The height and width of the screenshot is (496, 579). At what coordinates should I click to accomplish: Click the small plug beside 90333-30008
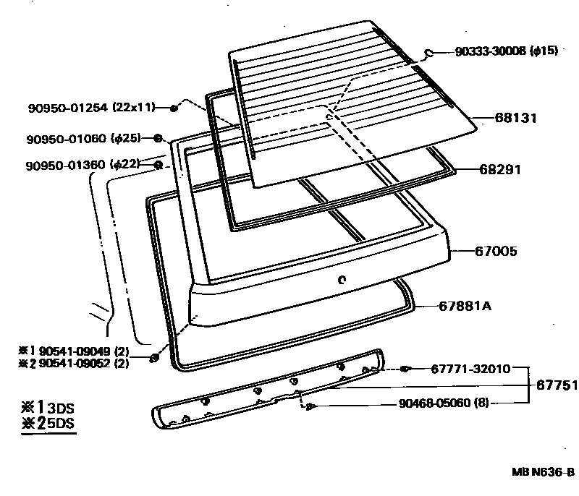[x=428, y=53]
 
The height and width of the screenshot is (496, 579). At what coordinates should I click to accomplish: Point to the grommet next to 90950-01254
[x=174, y=108]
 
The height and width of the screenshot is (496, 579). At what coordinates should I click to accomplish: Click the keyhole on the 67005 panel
[x=342, y=281]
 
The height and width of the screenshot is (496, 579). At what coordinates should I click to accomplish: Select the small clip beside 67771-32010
[x=406, y=369]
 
